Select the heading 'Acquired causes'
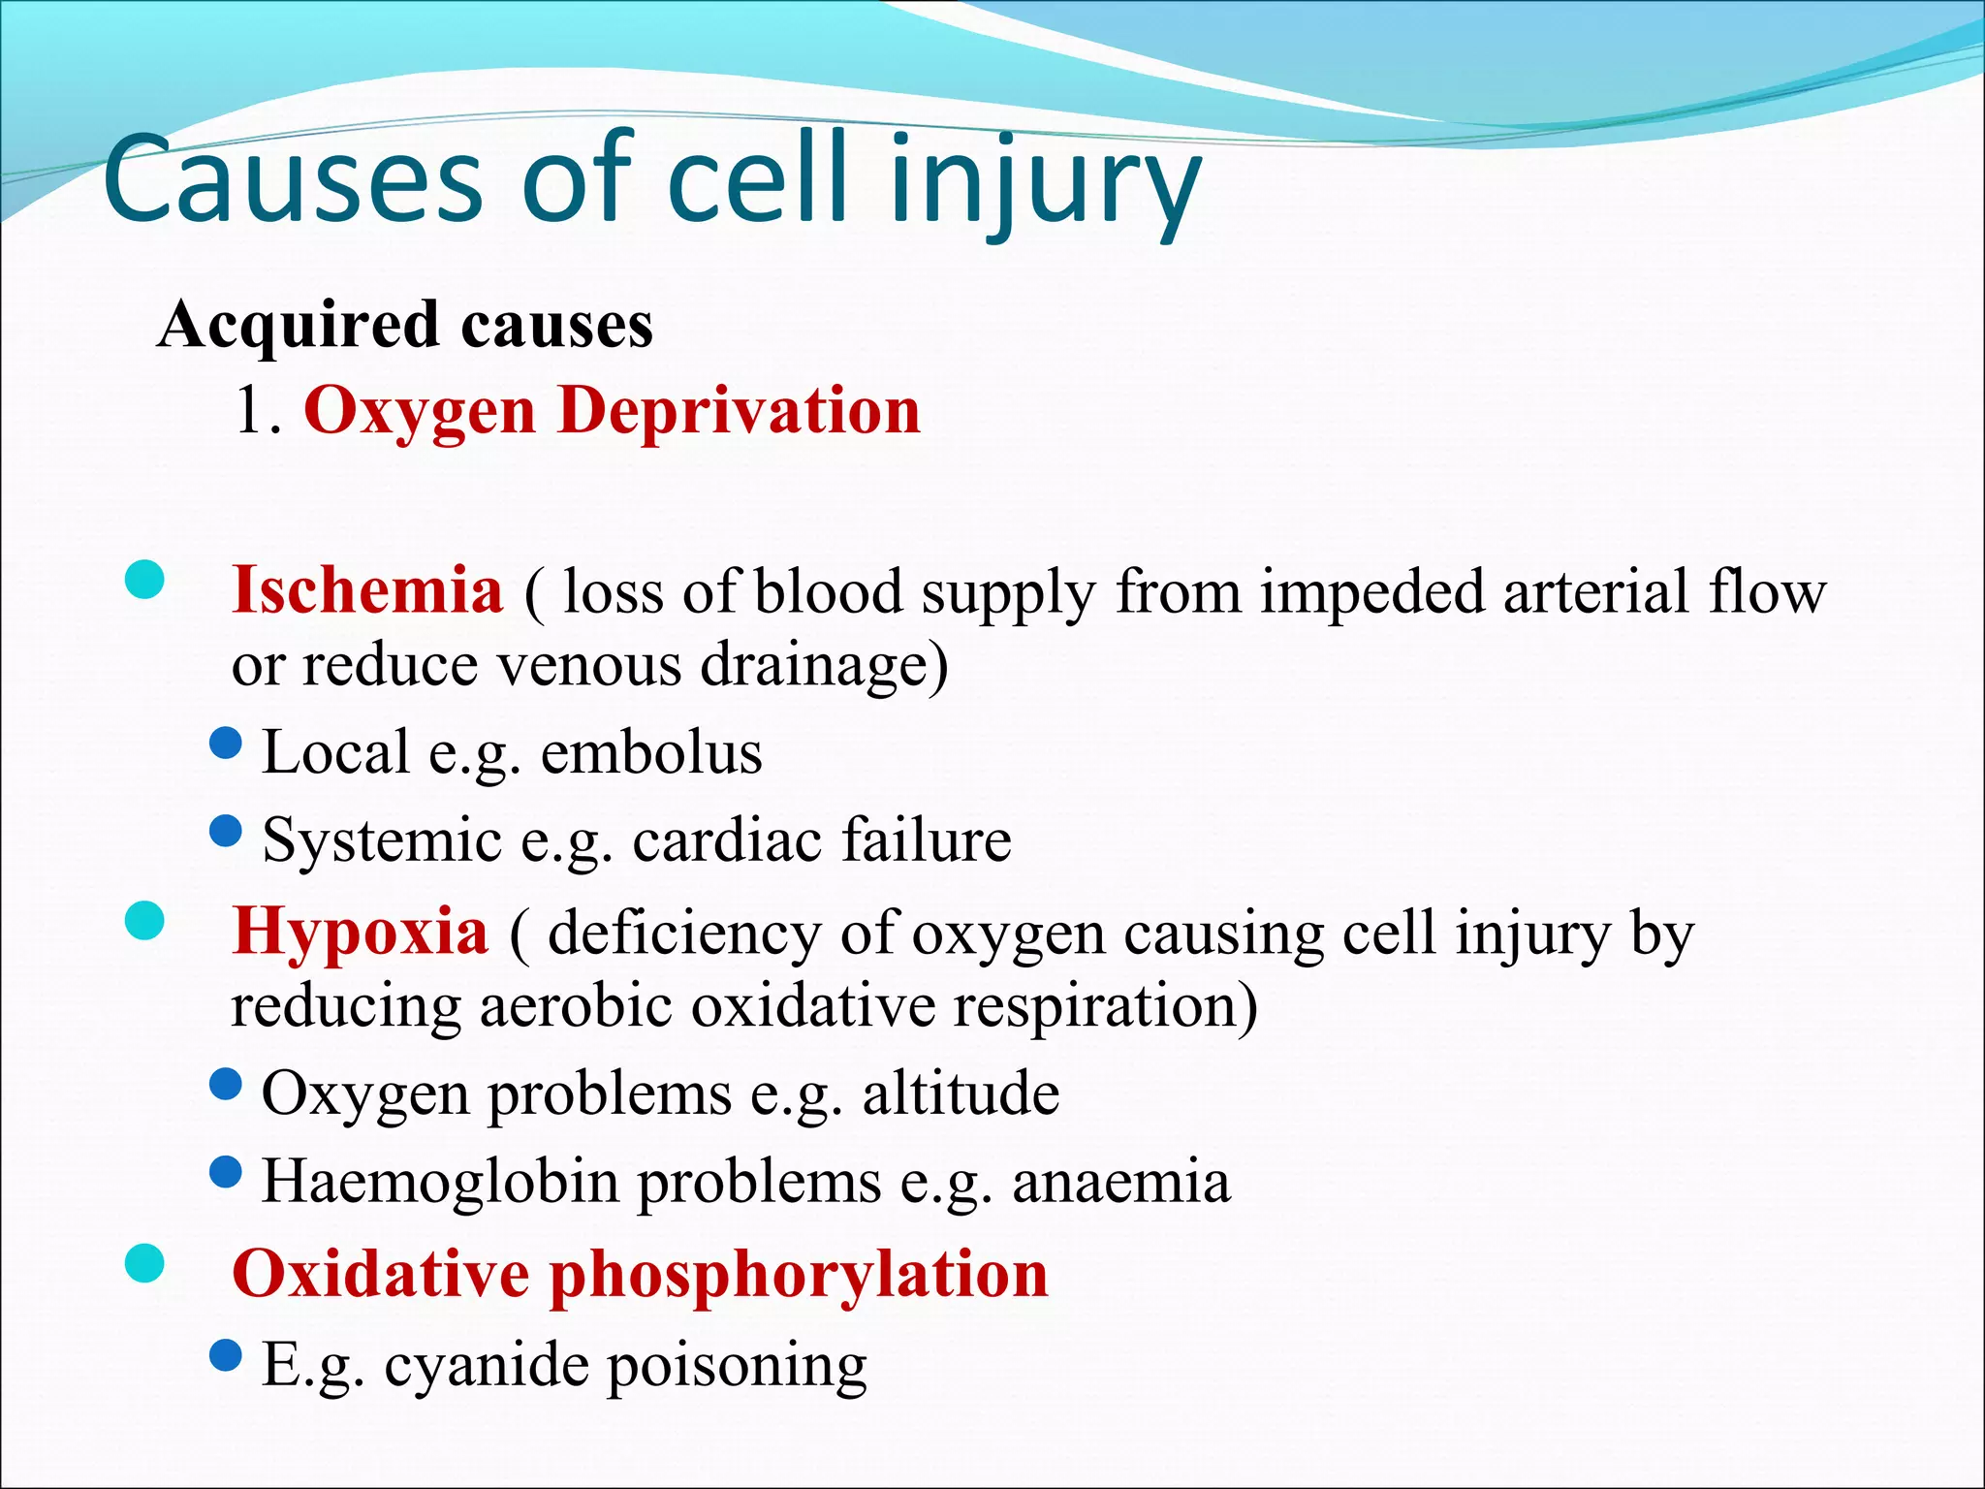[x=405, y=325]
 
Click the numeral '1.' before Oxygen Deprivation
[x=258, y=411]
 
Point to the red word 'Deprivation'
[x=739, y=411]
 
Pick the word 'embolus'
[x=651, y=753]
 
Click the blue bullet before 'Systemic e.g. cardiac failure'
[x=225, y=831]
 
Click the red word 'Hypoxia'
[x=361, y=932]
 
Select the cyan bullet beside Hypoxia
[x=144, y=921]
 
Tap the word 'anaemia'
[x=1121, y=1182]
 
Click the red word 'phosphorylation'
[x=800, y=1274]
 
